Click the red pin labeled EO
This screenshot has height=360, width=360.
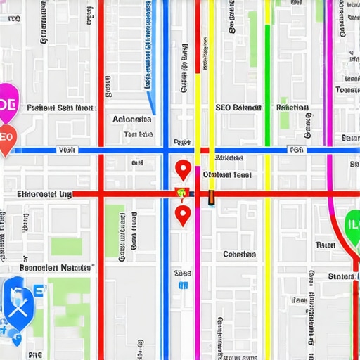(x=6, y=139)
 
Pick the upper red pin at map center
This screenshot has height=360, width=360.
(x=183, y=169)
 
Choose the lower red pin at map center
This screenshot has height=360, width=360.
(x=183, y=214)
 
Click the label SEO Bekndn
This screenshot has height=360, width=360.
(x=238, y=108)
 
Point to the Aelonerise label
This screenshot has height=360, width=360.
(x=132, y=120)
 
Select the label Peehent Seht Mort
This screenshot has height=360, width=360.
(x=60, y=108)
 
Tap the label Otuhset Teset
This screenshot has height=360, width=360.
(x=227, y=174)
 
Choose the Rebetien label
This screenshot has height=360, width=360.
(x=292, y=108)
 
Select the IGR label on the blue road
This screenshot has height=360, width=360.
(x=297, y=150)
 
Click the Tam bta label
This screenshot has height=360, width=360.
(x=138, y=134)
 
